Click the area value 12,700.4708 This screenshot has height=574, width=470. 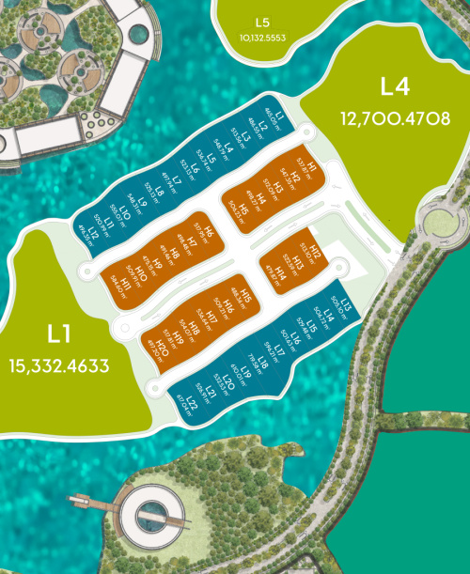tap(396, 119)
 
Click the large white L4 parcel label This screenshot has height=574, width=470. tap(396, 87)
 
